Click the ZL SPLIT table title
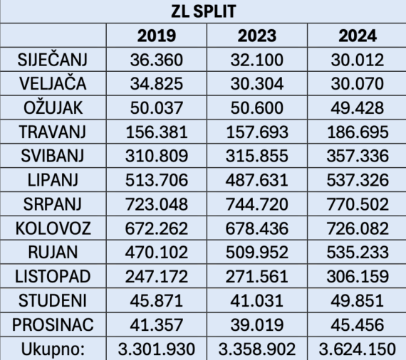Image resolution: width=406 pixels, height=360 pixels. [x=203, y=12]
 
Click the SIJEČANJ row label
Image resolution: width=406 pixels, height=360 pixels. [x=52, y=59]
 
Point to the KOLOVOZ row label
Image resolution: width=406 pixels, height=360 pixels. [x=52, y=228]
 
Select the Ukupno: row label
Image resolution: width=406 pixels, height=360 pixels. [x=52, y=349]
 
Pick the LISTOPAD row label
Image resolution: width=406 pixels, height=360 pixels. [x=52, y=277]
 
